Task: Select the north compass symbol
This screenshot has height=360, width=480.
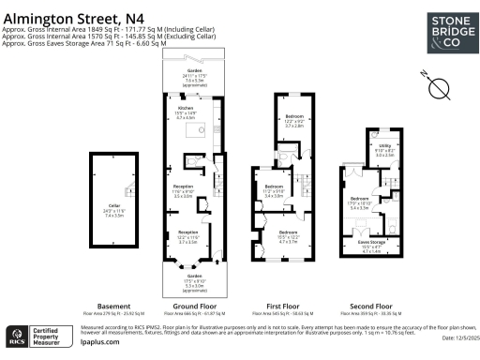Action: [438, 87]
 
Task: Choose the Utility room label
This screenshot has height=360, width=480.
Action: [384, 145]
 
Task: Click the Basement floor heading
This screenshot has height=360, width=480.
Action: [113, 305]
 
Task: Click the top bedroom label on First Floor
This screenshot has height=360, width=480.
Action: [293, 116]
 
